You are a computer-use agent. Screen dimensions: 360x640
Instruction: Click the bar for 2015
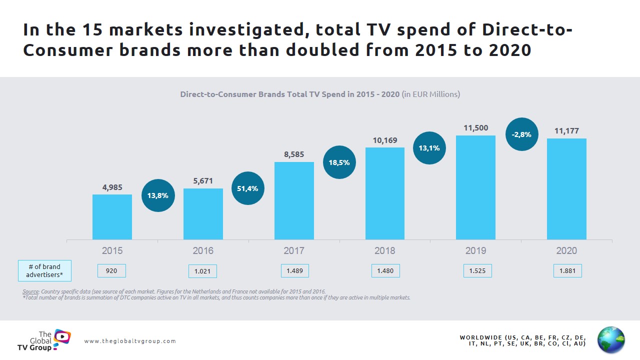[x=112, y=217]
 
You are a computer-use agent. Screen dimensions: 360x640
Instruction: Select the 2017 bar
[x=294, y=200]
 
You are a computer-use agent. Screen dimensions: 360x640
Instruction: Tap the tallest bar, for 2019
[x=475, y=187]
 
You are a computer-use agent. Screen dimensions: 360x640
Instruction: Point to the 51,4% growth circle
[x=248, y=188]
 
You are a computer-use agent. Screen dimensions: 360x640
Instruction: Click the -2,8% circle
[x=521, y=134]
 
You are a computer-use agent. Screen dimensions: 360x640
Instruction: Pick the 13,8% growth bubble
[x=157, y=195]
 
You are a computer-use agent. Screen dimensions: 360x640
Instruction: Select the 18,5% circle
[x=339, y=162]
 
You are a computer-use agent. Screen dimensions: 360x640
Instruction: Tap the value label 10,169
[x=385, y=140]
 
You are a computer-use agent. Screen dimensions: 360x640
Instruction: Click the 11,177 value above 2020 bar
[x=566, y=131]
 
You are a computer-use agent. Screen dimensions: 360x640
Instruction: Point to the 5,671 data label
[x=203, y=181]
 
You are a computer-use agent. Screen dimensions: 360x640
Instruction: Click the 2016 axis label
[x=203, y=250]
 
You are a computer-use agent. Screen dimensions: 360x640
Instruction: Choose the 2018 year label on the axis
[x=385, y=250]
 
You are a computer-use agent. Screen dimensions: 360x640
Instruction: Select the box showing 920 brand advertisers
[x=111, y=271]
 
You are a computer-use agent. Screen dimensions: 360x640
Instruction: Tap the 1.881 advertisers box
[x=567, y=271]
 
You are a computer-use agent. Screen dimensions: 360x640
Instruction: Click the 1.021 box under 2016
[x=202, y=271]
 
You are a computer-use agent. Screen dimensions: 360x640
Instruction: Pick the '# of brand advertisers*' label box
[x=45, y=270]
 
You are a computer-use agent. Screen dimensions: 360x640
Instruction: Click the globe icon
[x=611, y=340]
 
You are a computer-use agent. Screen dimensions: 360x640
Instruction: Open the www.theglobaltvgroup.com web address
[x=130, y=341]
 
